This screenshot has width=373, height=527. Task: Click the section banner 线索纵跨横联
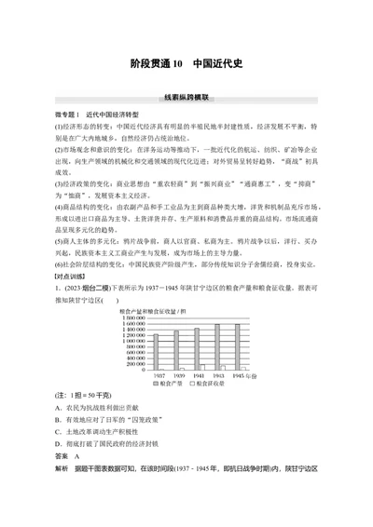(x=186, y=96)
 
